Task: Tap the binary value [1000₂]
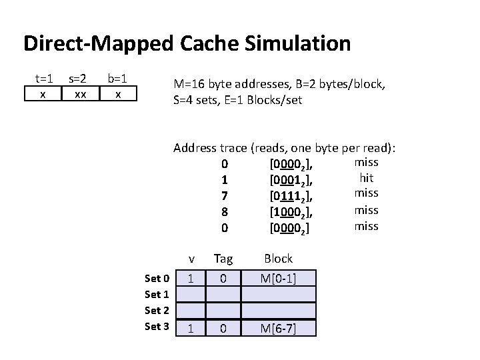pos(291,212)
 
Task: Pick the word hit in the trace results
pos(366,178)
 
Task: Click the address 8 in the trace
pos(225,212)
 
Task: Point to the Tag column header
pos(223,259)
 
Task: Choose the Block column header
pos(278,259)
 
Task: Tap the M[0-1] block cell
pos(278,278)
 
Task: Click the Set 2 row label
pos(157,310)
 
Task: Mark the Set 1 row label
pos(157,294)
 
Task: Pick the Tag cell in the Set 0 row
pos(223,278)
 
